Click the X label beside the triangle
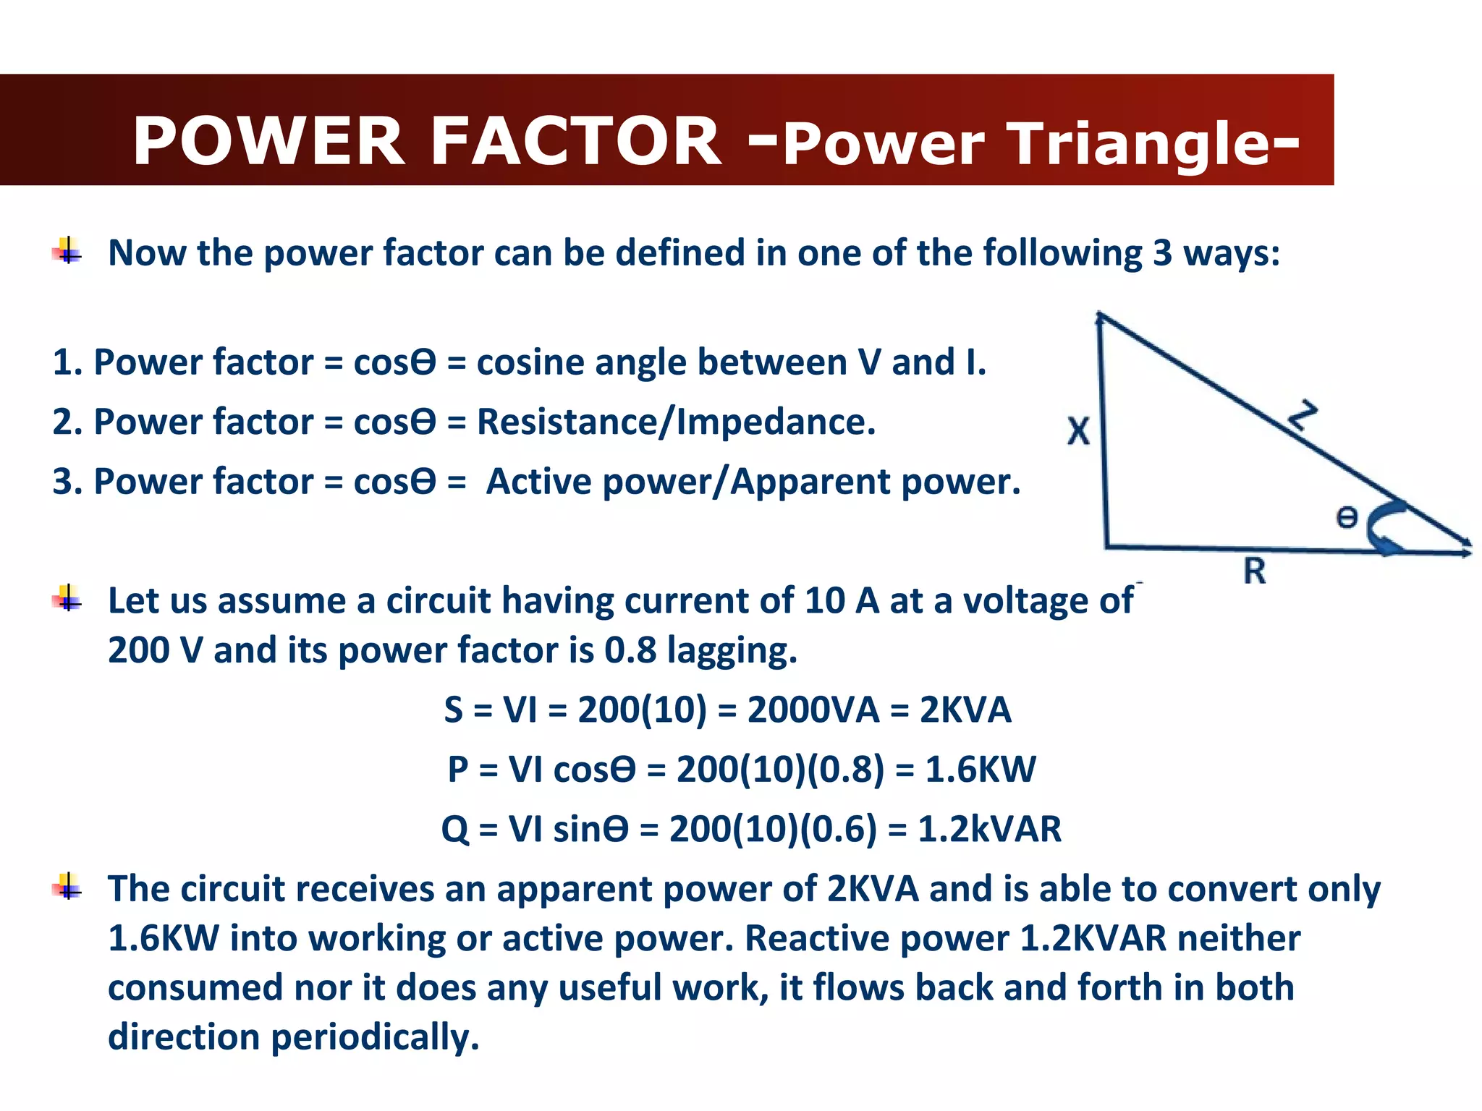1078,431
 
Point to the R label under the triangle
1255,571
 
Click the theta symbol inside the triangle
1347,518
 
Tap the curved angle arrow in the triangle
1384,529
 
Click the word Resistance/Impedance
676,422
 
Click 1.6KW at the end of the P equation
981,769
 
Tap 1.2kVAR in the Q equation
989,829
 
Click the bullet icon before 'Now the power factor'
67,252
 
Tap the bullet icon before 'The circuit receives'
67,887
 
